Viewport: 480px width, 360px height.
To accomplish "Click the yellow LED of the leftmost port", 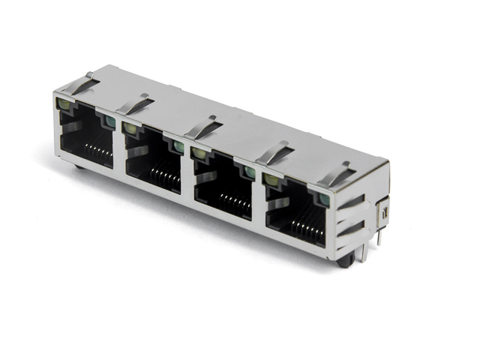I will pyautogui.click(x=62, y=104).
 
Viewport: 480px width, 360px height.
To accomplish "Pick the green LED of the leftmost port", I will pyautogui.click(x=111, y=121).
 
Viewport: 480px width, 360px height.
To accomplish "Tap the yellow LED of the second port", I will pyautogui.click(x=130, y=128).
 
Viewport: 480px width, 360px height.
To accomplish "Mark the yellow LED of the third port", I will pyautogui.click(x=199, y=153).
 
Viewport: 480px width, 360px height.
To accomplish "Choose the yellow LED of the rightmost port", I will pyautogui.click(x=269, y=178).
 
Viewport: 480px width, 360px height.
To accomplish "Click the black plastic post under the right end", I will pyautogui.click(x=346, y=262).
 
